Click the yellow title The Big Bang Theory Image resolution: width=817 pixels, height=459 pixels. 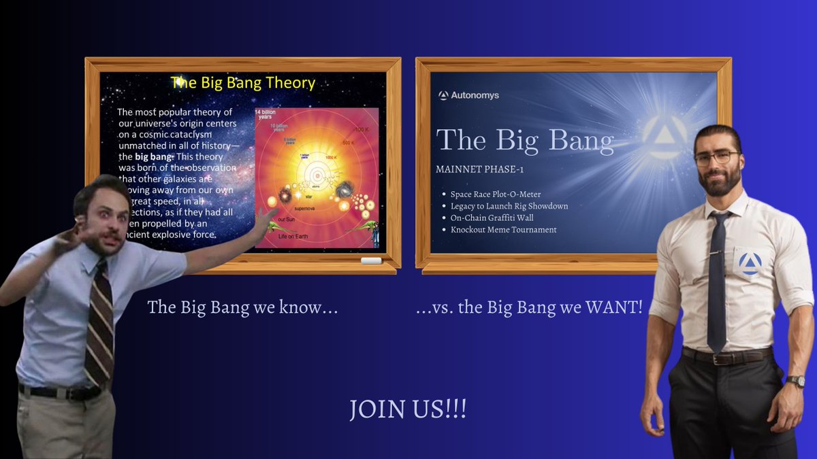[x=243, y=83]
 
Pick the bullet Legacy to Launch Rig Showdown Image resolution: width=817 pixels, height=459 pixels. [x=509, y=206]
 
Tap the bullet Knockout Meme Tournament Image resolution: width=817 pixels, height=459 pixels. [x=503, y=230]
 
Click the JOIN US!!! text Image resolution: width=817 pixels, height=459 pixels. [x=408, y=410]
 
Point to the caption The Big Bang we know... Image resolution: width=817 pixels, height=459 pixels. [x=243, y=307]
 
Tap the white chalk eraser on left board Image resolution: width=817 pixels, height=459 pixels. [x=370, y=260]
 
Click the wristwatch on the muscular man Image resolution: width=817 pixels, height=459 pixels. [x=795, y=381]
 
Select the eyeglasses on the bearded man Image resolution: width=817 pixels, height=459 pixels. [x=716, y=158]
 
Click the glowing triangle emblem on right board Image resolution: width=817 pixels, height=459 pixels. [x=663, y=138]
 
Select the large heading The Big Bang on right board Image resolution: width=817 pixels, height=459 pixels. [x=525, y=140]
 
